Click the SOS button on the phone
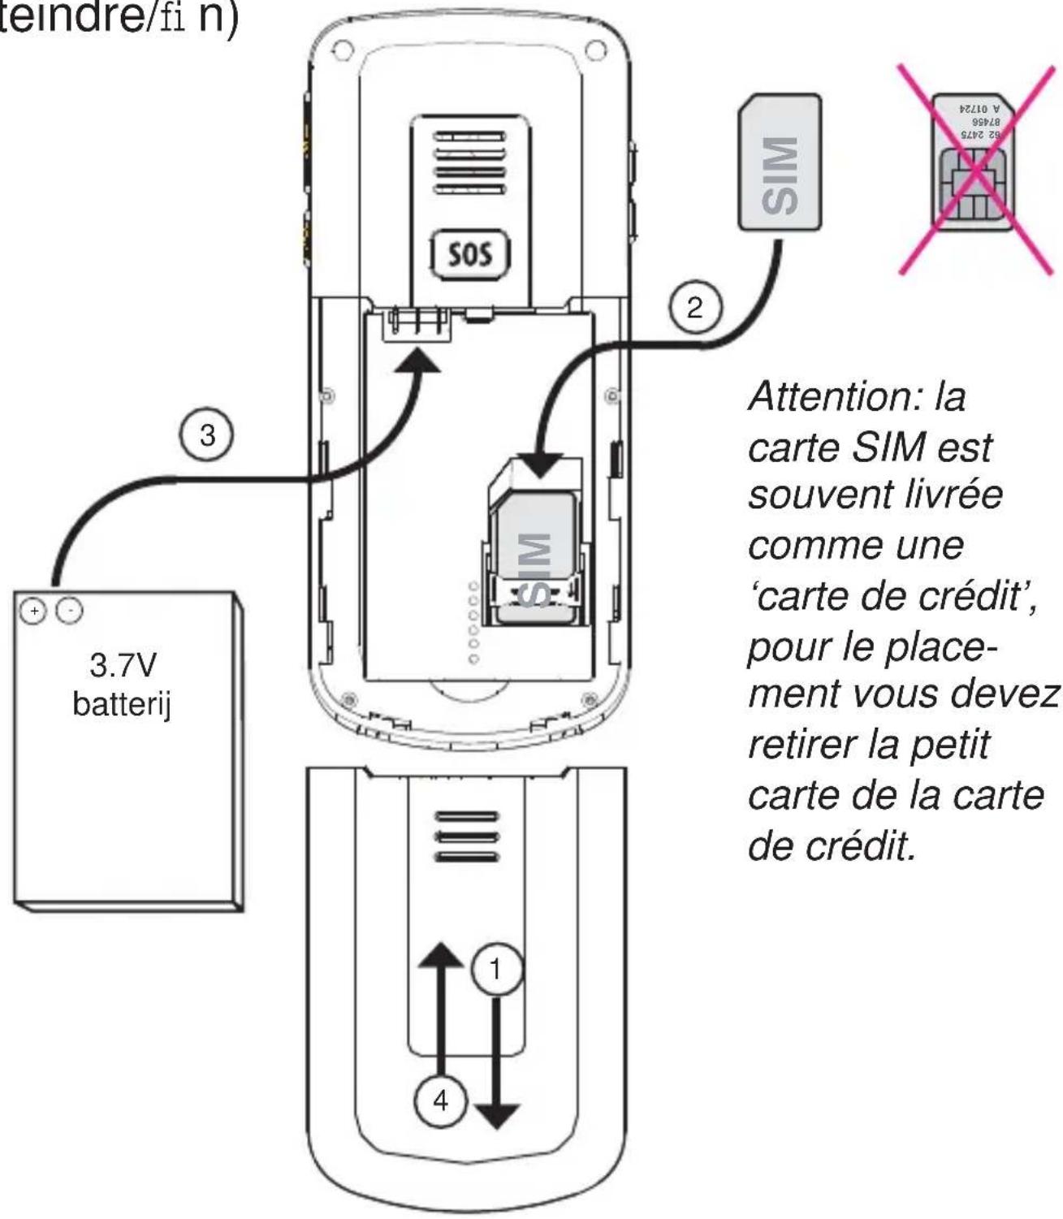[x=470, y=254]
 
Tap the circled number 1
[x=495, y=969]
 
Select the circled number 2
[x=694, y=308]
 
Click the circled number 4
[x=440, y=1100]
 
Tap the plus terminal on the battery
[x=34, y=611]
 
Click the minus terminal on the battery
[x=69, y=610]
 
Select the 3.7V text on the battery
[x=123, y=666]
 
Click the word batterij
[x=122, y=703]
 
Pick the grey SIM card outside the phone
[x=780, y=163]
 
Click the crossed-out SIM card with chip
[x=974, y=167]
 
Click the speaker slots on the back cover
[x=467, y=836]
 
